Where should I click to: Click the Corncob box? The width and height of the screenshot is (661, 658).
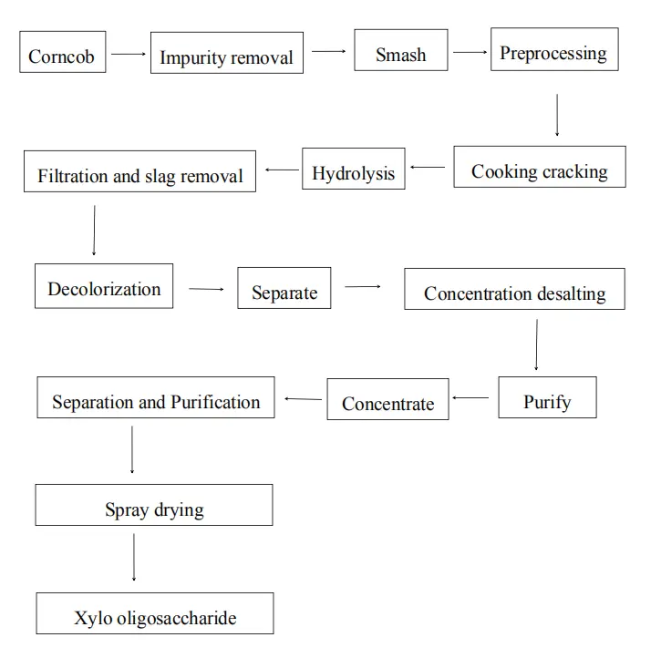point(62,55)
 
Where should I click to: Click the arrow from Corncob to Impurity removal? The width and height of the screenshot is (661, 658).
point(129,54)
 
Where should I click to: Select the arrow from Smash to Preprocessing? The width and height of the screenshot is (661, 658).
point(470,52)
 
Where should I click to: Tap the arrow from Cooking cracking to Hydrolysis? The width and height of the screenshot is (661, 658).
point(428,168)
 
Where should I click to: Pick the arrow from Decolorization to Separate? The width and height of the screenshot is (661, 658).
point(206,290)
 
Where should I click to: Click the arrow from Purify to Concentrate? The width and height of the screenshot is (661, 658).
point(470,397)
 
